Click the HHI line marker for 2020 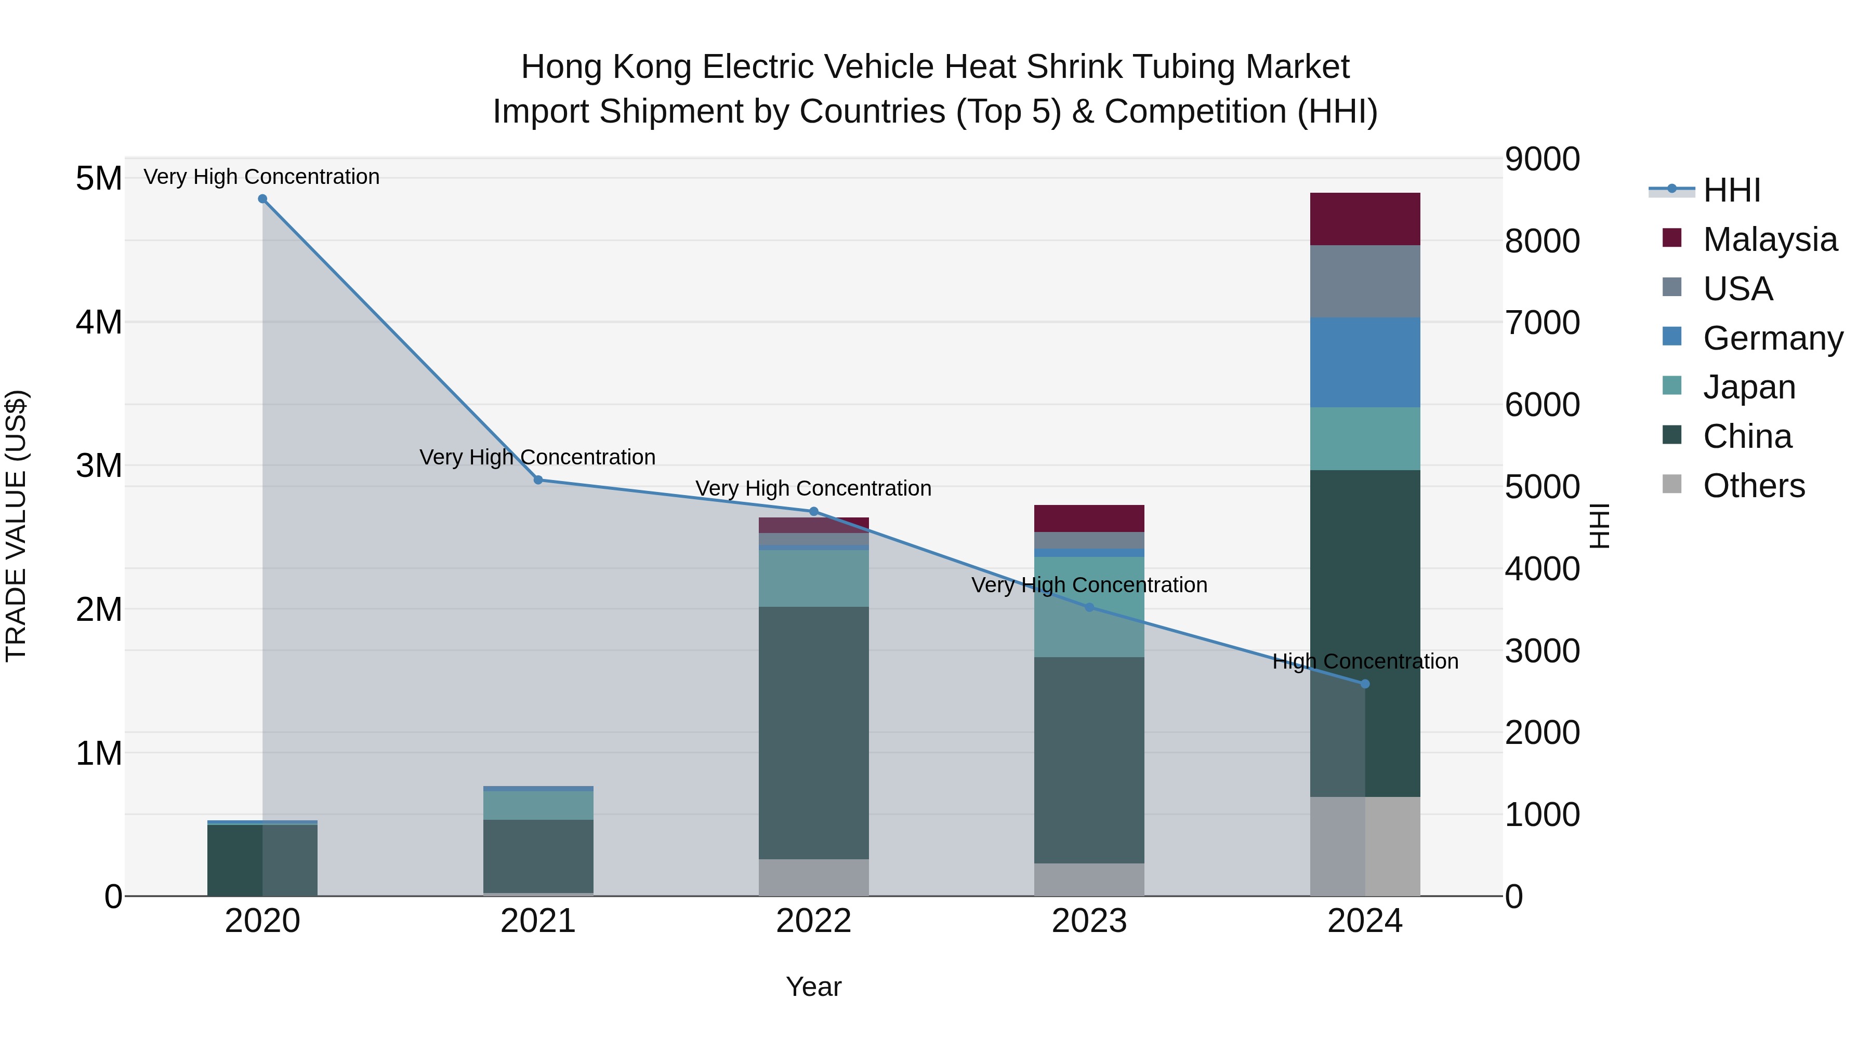262,199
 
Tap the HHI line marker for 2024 1364,684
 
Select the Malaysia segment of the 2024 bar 1364,219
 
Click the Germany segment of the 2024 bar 1364,362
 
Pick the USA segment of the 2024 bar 1364,281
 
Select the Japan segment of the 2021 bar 538,805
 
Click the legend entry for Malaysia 1769,239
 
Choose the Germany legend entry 1772,338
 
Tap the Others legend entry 1754,485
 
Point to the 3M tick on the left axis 99,465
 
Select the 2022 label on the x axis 813,921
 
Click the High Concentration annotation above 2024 1364,661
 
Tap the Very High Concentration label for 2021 537,457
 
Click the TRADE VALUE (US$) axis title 16,526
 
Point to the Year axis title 813,986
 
